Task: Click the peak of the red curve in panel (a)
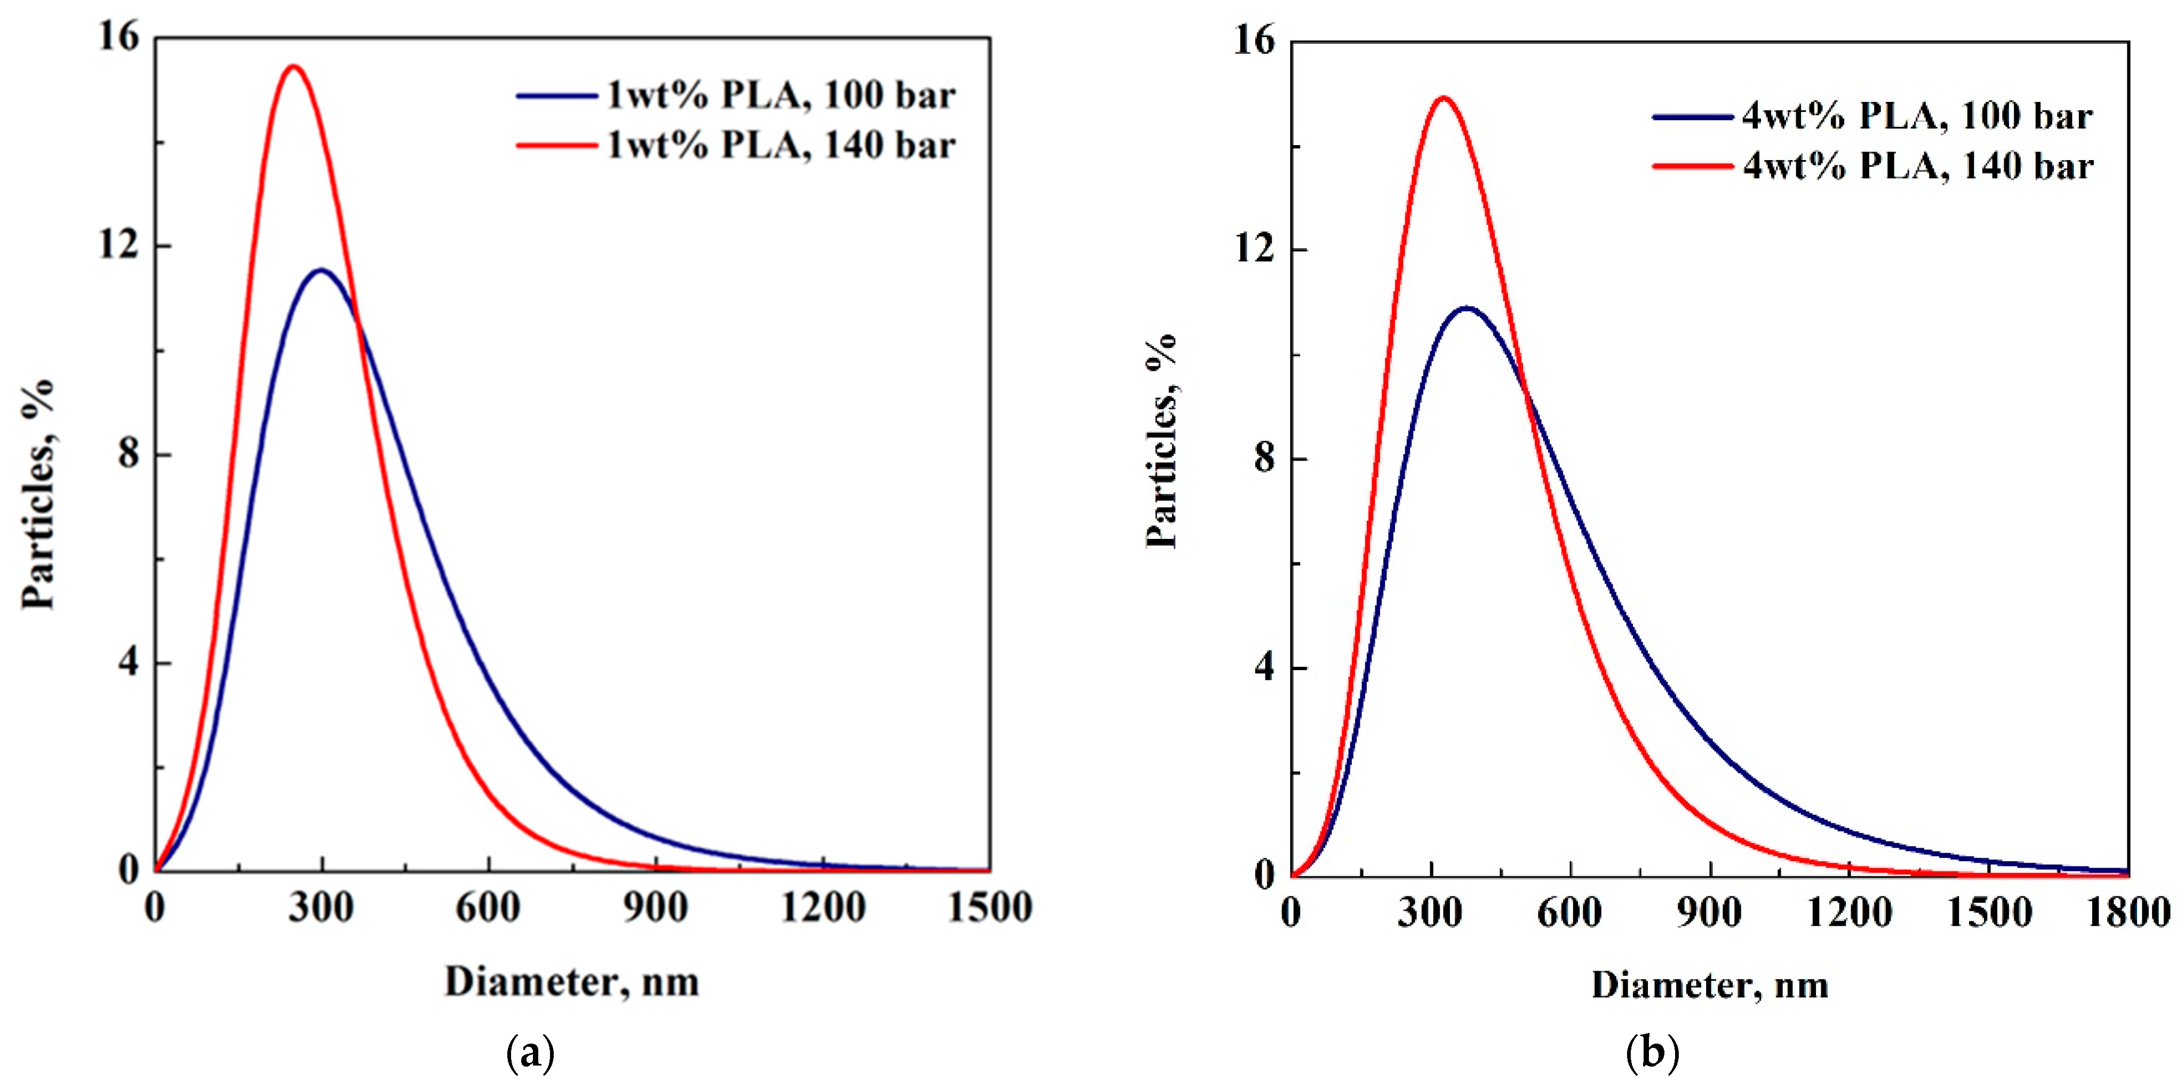coord(293,66)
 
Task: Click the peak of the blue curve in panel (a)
coord(321,271)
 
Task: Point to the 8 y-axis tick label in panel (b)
coord(1264,459)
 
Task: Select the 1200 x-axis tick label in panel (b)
coord(1849,912)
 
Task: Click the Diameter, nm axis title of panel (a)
coord(571,982)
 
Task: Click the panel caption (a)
coord(531,1053)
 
